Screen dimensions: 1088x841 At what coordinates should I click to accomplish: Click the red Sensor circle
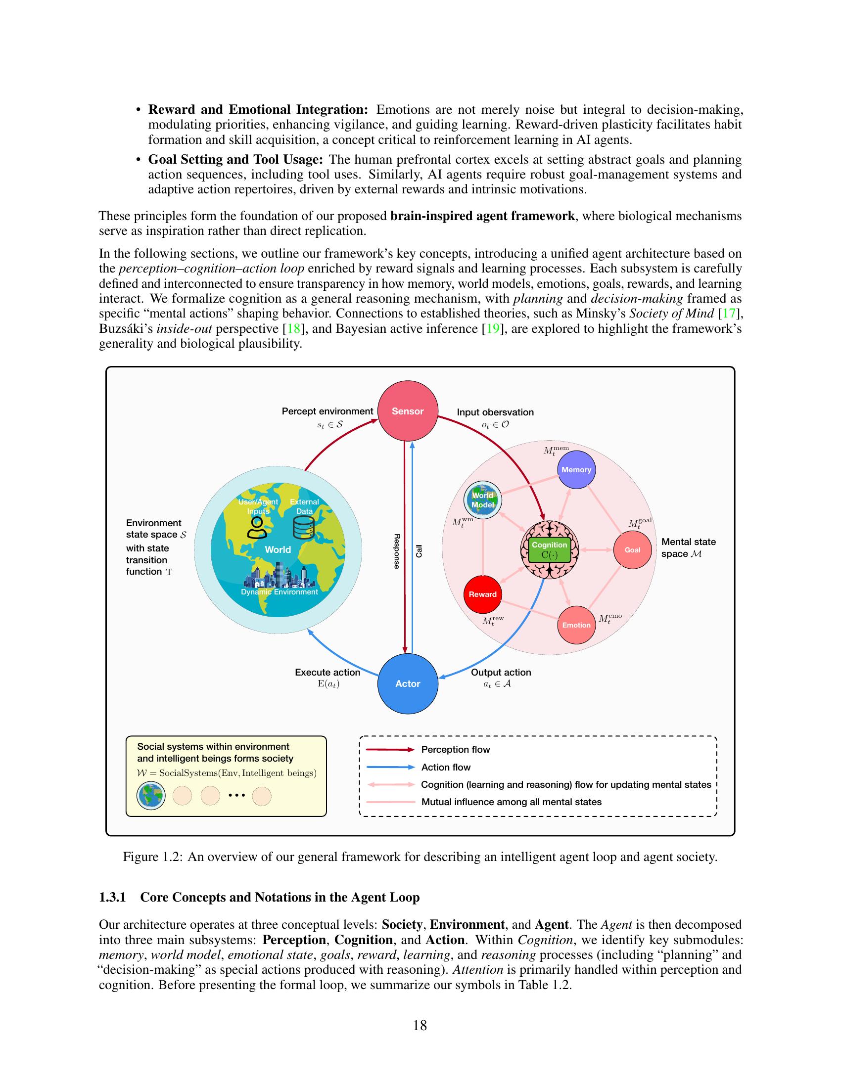(x=408, y=411)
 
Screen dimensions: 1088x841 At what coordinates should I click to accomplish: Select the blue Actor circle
(x=408, y=683)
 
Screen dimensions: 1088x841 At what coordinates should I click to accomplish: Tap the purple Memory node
(x=576, y=470)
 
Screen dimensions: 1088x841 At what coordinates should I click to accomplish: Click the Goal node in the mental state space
(x=632, y=550)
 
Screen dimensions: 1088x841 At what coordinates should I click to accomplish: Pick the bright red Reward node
(x=482, y=594)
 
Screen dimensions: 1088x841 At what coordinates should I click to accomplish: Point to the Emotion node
(x=576, y=625)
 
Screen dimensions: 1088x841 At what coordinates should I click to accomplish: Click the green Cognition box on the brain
(x=549, y=550)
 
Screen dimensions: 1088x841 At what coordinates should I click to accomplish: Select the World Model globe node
(x=482, y=500)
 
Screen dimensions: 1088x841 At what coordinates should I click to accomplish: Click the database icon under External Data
(x=303, y=528)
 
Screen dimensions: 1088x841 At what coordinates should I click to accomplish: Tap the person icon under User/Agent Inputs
(x=257, y=528)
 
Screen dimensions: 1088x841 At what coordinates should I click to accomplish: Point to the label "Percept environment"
(x=327, y=411)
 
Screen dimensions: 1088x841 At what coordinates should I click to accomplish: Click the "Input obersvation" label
(x=495, y=412)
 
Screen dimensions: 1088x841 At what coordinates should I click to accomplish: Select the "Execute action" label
(x=327, y=673)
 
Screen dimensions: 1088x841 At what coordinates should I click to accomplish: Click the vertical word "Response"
(x=397, y=551)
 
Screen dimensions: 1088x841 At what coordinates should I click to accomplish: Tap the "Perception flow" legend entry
(x=455, y=750)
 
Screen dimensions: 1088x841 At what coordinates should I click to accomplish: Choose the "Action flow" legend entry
(x=445, y=767)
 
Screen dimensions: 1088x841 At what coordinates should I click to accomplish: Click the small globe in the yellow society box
(x=151, y=796)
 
